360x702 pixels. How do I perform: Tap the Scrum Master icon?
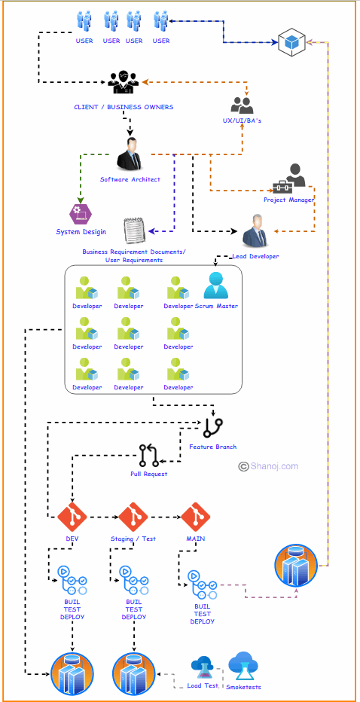tap(216, 286)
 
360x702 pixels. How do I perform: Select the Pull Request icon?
tap(148, 456)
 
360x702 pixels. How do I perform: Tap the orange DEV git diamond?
tap(72, 517)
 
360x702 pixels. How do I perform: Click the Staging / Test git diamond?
tap(134, 517)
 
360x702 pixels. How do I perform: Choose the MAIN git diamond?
tap(195, 517)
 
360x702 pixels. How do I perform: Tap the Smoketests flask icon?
tap(243, 664)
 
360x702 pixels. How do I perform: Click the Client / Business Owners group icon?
tap(124, 82)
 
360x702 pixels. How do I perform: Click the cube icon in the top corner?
tap(290, 42)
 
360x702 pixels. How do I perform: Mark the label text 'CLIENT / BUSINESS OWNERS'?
tap(124, 107)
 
